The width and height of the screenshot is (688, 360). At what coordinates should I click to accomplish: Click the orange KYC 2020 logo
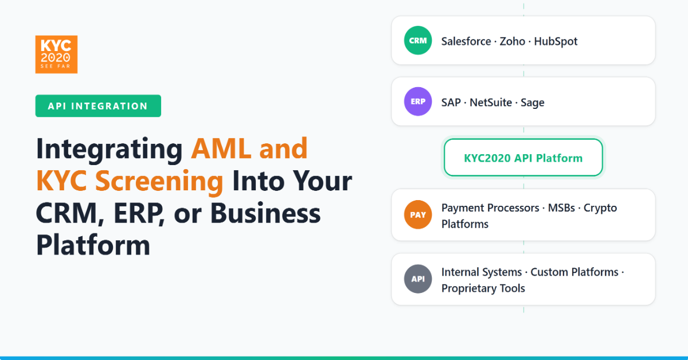point(56,54)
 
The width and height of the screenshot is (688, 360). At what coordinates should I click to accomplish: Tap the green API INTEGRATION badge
point(98,106)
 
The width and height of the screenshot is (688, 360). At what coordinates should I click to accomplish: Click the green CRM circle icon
point(417,41)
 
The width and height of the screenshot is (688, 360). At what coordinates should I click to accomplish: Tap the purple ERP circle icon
point(417,102)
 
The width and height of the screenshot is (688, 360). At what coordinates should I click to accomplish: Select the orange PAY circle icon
point(417,216)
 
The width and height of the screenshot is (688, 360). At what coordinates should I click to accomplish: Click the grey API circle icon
point(417,279)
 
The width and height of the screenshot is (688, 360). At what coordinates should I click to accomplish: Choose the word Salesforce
point(466,41)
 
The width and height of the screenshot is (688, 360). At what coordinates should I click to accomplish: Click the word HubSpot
point(556,41)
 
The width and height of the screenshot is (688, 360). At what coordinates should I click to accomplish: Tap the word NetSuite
point(492,103)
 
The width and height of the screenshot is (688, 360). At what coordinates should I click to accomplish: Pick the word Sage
point(533,103)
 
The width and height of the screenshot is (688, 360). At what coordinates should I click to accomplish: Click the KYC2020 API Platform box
point(523,158)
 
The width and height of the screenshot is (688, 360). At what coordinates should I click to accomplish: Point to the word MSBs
point(562,208)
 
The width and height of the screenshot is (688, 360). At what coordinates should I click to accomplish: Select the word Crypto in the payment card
point(600,208)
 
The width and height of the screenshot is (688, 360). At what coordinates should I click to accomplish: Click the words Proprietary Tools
point(483,288)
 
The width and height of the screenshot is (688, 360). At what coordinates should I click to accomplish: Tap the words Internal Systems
point(482,272)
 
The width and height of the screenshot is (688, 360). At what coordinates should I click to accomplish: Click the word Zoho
point(513,41)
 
